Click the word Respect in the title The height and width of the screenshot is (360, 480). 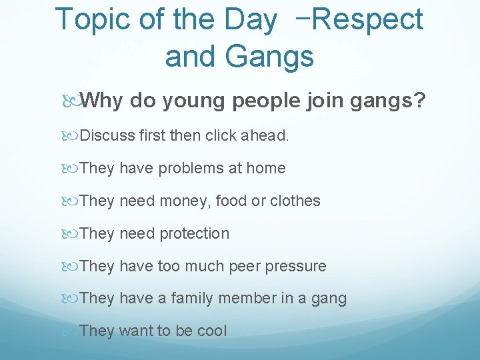click(x=367, y=19)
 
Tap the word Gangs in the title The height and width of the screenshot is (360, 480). click(x=269, y=57)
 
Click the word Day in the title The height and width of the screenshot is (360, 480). click(x=249, y=19)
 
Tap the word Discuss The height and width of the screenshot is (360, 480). click(x=107, y=136)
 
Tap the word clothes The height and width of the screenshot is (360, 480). click(x=295, y=201)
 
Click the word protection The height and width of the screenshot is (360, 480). click(x=193, y=233)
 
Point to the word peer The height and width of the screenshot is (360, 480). click(x=245, y=266)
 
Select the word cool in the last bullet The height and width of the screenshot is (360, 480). click(x=212, y=331)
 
